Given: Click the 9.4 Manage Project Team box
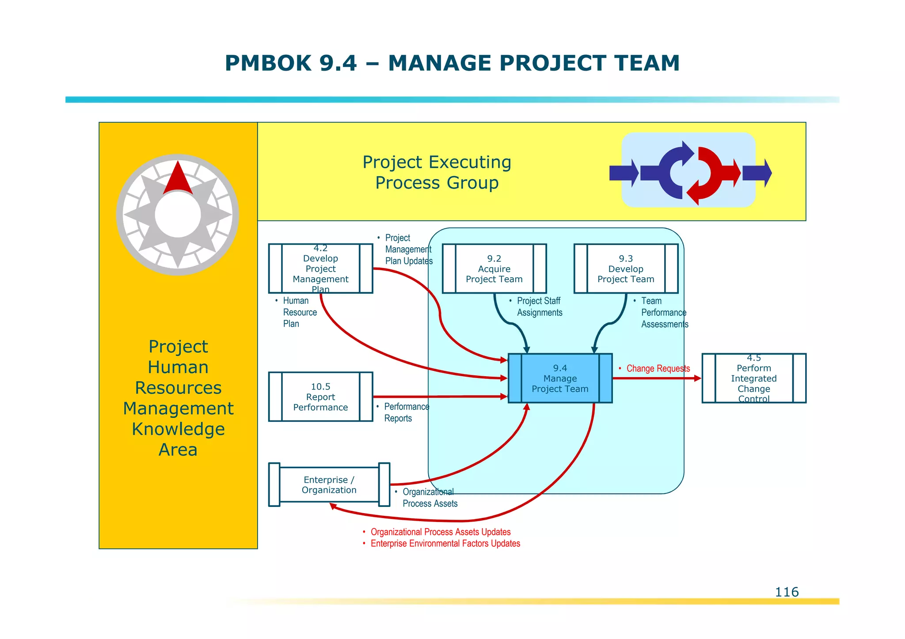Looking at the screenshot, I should tap(560, 378).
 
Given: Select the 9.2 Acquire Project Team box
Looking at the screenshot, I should tap(494, 268).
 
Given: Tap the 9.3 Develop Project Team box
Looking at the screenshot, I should tap(626, 268).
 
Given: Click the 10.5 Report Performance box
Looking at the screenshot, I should tap(320, 397).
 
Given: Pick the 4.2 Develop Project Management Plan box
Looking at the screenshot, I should tap(320, 268).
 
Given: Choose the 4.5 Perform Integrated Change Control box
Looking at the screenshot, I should tap(753, 378).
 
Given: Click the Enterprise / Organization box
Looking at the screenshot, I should tap(329, 485).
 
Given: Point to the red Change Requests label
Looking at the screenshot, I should tap(658, 369).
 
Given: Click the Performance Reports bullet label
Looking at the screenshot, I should tap(406, 412).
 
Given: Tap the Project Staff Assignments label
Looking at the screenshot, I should tap(539, 307).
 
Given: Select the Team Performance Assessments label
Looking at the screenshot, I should tap(664, 313).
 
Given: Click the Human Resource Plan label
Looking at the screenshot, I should tap(299, 312).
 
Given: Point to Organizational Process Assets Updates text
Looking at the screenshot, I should tap(440, 532).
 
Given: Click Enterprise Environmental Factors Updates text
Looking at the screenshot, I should tap(445, 544).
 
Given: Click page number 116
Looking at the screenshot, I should tap(787, 592).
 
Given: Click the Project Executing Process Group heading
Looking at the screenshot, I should tap(437, 172).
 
